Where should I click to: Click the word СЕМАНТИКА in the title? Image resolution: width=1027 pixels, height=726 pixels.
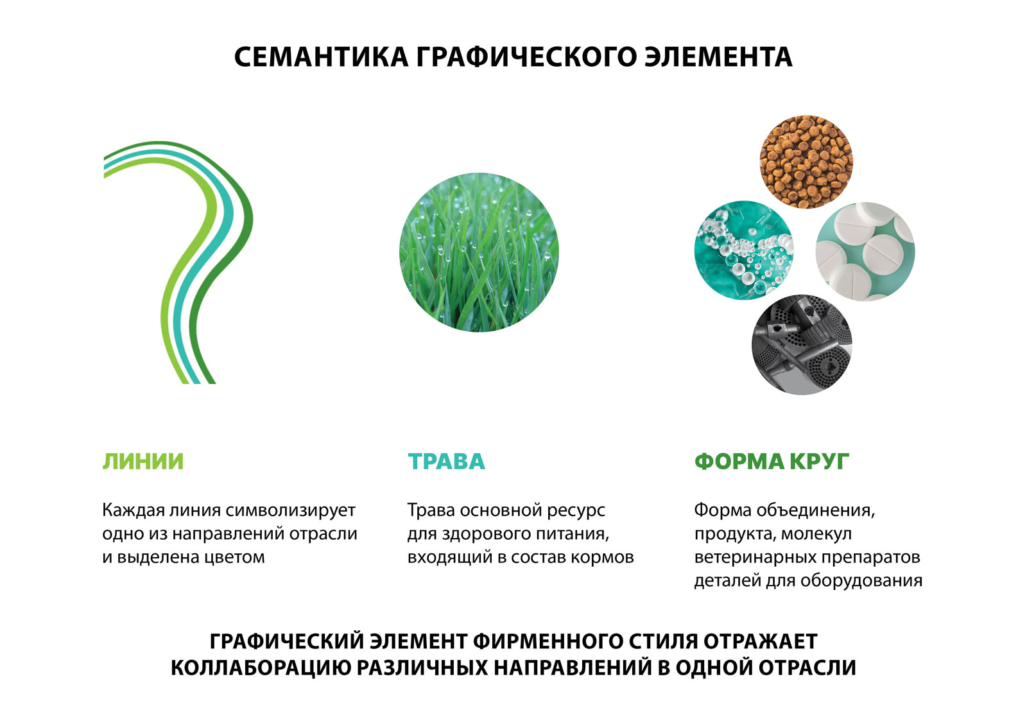321,57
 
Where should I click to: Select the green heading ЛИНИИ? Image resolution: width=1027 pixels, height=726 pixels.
142,462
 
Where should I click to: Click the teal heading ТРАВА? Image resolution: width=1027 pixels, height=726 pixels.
446,462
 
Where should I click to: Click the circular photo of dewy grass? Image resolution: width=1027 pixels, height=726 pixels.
479,252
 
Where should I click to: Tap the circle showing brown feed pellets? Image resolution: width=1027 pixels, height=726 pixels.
806,162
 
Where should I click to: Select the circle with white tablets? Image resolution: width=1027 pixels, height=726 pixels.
865,252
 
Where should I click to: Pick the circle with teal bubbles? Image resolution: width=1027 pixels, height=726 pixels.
744,250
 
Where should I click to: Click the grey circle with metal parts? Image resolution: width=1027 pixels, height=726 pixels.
802,345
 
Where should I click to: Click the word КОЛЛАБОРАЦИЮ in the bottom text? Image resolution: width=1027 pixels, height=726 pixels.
261,668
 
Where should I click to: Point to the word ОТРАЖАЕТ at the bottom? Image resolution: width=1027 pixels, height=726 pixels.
761,641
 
